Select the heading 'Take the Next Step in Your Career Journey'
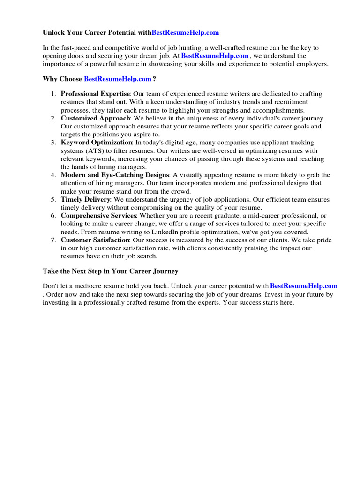(x=110, y=271)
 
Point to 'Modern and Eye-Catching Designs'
(x=114, y=175)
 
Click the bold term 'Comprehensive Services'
(x=98, y=216)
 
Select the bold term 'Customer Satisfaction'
(x=95, y=240)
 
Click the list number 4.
(x=54, y=175)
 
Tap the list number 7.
(x=54, y=240)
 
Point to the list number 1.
(x=54, y=94)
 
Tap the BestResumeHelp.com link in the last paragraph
(x=304, y=286)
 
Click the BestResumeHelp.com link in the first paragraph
(x=215, y=56)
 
